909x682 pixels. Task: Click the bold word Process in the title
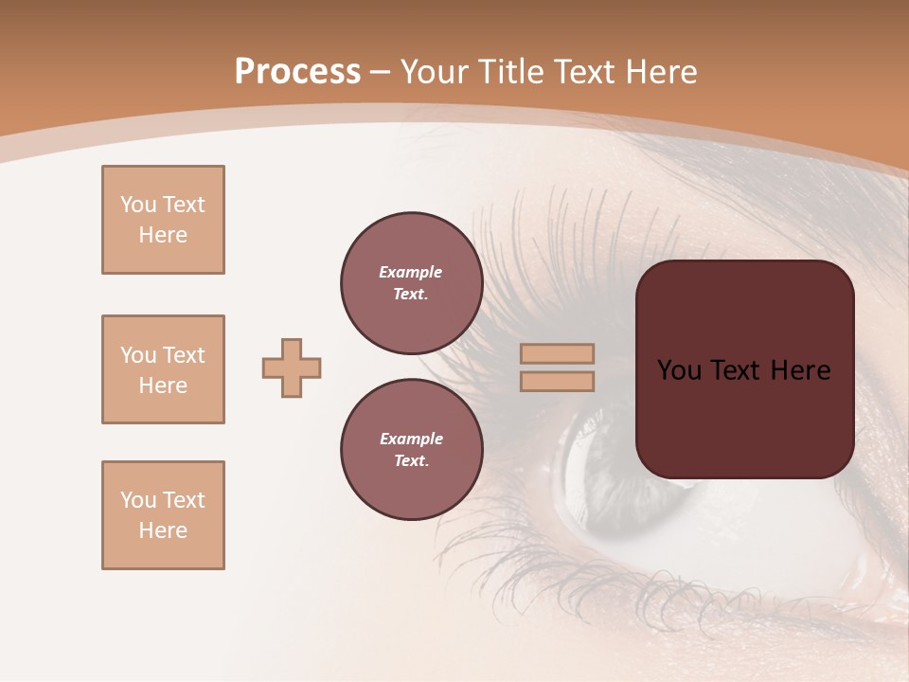click(297, 72)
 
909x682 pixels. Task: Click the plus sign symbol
click(292, 368)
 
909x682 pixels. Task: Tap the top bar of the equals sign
click(558, 354)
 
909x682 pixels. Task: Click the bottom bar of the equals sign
click(558, 381)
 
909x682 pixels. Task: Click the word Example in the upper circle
click(411, 272)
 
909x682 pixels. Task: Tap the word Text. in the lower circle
click(411, 460)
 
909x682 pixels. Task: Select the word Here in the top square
click(163, 235)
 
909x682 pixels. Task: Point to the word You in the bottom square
click(138, 500)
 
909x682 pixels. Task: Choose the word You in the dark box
click(680, 370)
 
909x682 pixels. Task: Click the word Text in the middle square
click(184, 355)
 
